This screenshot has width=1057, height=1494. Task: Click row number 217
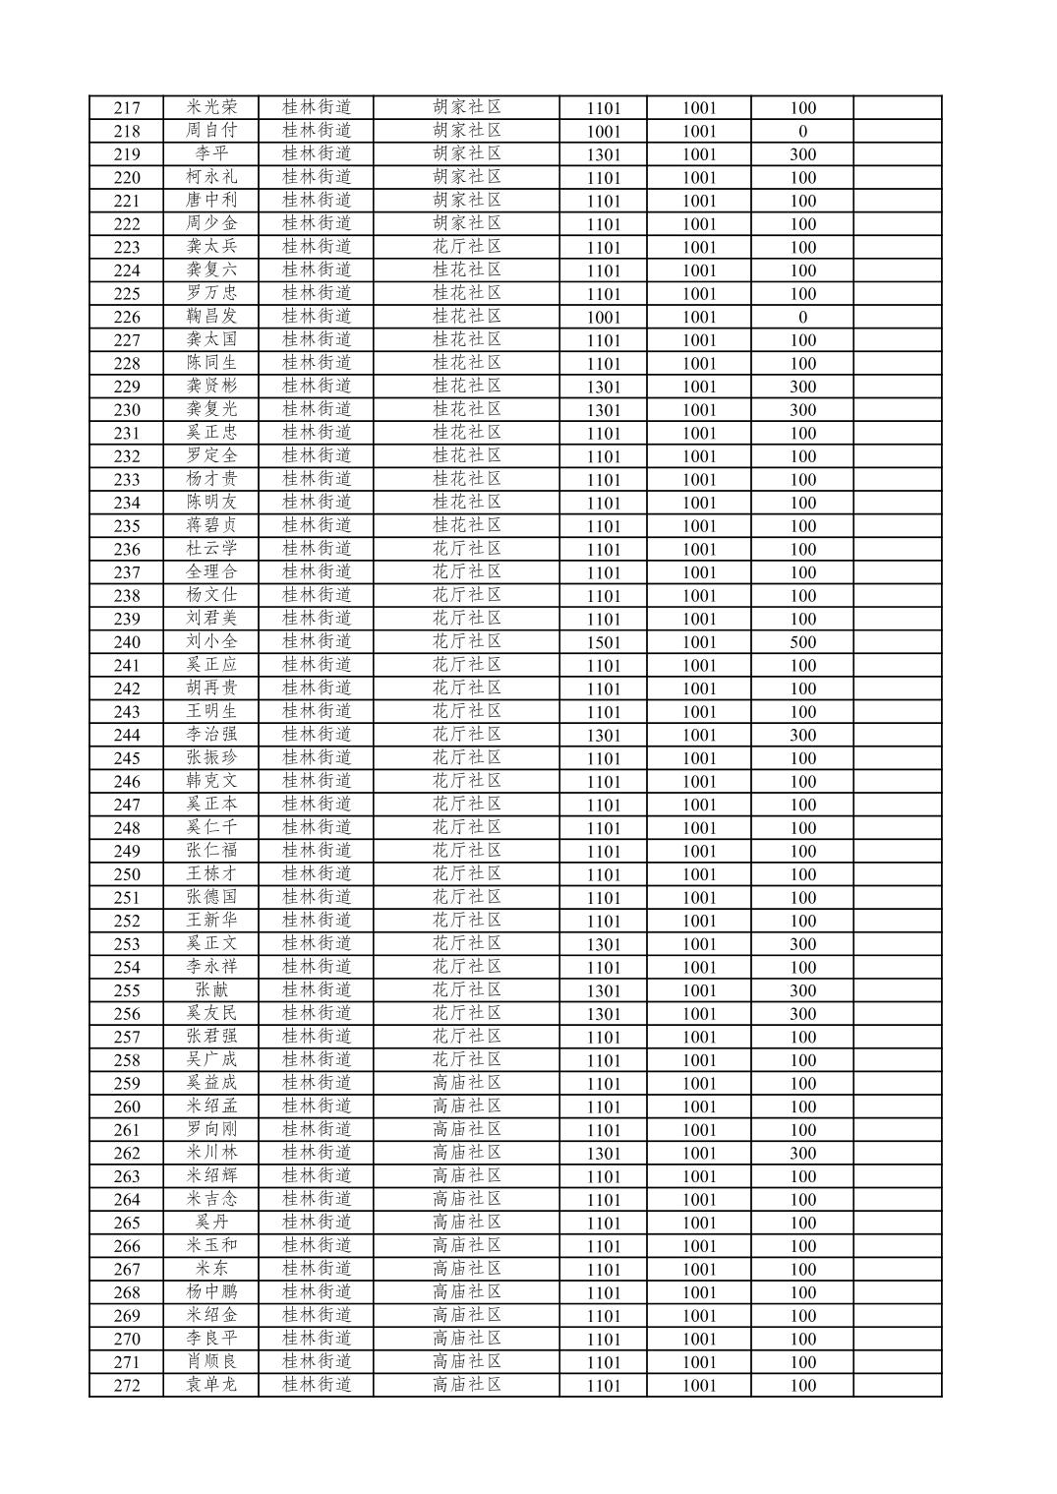coord(127,108)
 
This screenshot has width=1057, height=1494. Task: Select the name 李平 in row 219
coord(211,153)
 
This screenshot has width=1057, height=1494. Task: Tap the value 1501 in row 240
coord(604,642)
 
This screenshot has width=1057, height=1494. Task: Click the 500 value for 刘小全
coord(802,642)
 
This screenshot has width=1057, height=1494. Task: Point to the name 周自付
coord(211,131)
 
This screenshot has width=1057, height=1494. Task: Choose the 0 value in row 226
coord(802,317)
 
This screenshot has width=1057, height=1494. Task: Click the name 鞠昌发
coord(211,317)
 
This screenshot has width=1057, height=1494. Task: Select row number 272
coord(127,1386)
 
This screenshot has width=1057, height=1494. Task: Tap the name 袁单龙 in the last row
coord(211,1385)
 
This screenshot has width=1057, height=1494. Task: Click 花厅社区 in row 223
coord(467,247)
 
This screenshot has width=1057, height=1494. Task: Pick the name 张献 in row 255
coord(211,990)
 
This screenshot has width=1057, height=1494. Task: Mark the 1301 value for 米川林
coord(604,1154)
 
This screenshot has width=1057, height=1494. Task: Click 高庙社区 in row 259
coord(467,1083)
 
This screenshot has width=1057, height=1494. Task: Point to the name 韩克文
coord(211,781)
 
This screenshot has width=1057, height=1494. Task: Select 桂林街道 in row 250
coord(317,874)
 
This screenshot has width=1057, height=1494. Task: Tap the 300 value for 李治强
coord(802,735)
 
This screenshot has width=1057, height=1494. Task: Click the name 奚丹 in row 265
coord(211,1223)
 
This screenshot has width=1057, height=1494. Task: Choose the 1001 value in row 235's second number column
coord(699,526)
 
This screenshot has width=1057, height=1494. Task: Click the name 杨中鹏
coord(211,1292)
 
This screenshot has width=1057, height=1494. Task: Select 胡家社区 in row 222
coord(467,223)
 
